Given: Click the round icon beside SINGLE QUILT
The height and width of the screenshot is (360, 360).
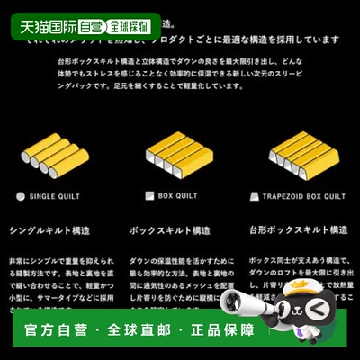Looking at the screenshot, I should [x=21, y=195].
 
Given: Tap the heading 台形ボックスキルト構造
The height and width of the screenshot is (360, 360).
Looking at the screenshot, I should [x=298, y=231].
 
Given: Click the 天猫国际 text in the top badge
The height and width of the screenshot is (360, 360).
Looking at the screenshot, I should [x=44, y=26].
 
